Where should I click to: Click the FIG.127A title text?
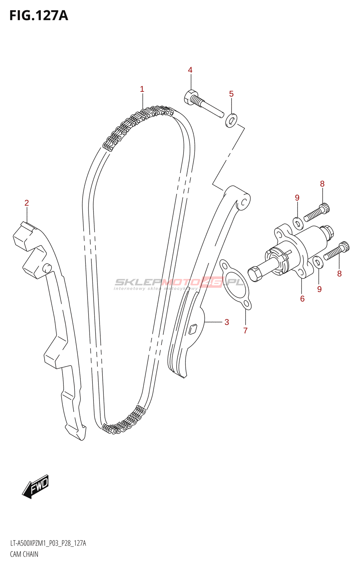(x=38, y=16)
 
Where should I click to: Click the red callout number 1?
(x=142, y=89)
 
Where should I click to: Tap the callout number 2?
(x=27, y=203)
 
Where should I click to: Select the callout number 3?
(x=227, y=322)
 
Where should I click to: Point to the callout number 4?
(x=190, y=70)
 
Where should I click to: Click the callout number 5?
(x=231, y=94)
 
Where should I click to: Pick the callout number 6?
(x=302, y=299)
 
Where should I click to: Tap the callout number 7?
(x=245, y=331)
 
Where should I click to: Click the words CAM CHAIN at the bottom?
(x=24, y=554)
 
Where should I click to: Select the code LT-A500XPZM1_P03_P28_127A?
(x=48, y=543)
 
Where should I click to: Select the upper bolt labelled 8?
(x=316, y=212)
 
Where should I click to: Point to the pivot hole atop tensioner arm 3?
(x=244, y=202)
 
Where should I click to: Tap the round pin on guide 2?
(x=47, y=268)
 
